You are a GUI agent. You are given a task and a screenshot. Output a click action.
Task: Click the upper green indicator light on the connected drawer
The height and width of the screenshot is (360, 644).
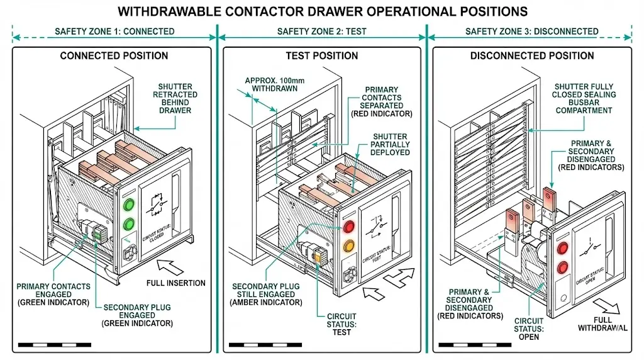(130, 205)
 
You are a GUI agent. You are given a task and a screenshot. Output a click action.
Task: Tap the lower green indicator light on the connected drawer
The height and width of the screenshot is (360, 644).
(130, 223)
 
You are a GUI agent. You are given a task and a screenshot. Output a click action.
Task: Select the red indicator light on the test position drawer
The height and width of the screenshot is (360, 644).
(347, 227)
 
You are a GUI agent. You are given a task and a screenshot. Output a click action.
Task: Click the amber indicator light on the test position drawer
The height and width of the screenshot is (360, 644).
(347, 246)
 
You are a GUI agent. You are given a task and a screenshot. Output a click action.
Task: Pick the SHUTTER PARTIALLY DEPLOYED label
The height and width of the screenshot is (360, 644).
(390, 144)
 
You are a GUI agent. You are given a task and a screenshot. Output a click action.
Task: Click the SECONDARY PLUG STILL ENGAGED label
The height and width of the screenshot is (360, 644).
(267, 295)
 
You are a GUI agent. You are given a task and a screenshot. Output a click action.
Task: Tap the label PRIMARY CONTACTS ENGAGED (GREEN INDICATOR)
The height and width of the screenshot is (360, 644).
(53, 295)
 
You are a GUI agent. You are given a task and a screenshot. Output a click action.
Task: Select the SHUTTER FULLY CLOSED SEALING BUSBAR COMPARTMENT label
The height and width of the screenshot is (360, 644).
(584, 99)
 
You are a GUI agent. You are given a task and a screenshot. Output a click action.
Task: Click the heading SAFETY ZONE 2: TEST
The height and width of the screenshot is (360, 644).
(322, 31)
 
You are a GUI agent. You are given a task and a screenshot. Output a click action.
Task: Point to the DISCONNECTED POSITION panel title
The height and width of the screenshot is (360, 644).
(532, 56)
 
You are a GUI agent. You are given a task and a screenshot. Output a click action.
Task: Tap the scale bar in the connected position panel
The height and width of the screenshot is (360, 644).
(55, 345)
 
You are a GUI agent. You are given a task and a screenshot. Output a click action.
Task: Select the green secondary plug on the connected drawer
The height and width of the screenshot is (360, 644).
(97, 233)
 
